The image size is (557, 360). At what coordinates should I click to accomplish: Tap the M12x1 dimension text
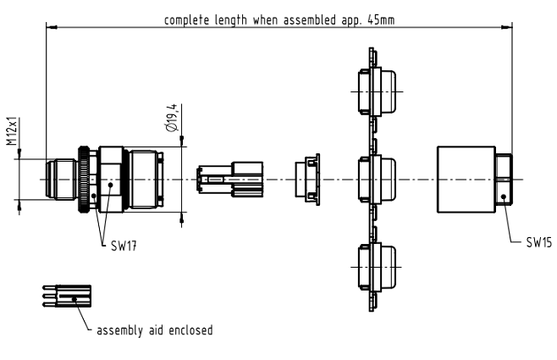point(12,133)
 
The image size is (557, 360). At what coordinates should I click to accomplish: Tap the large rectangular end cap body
point(466,180)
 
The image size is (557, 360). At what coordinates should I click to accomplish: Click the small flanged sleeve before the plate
point(306,180)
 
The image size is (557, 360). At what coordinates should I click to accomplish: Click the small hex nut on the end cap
point(505,180)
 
